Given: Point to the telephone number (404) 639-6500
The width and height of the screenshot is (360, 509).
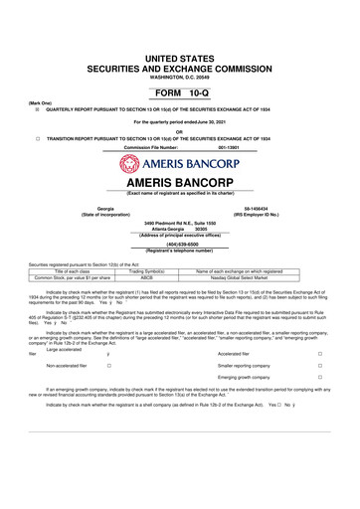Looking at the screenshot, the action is tap(180, 242).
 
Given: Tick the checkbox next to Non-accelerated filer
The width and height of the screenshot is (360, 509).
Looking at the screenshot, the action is tap(107, 366).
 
